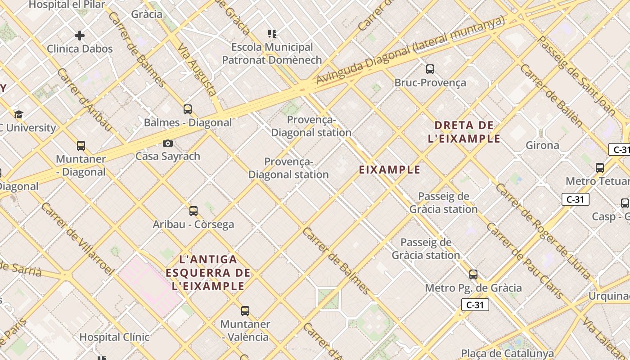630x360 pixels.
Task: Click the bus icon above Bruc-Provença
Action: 430,69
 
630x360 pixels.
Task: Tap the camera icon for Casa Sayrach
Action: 168,143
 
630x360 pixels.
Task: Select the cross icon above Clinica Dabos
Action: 80,36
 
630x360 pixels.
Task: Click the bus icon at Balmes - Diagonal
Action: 188,109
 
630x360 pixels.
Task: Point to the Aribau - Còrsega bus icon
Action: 193,211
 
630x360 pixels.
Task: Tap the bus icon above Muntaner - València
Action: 245,310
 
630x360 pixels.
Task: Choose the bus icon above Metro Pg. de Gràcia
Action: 473,274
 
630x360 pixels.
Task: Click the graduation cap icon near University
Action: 18,114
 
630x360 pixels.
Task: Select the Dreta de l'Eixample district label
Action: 464,132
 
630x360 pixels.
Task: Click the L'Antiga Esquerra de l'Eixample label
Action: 208,273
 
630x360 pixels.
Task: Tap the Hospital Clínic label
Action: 114,337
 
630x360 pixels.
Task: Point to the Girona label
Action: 542,145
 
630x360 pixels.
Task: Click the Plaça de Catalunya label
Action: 507,354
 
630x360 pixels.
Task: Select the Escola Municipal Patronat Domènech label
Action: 272,54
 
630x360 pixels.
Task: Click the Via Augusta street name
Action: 198,69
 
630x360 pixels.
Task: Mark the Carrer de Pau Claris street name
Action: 525,261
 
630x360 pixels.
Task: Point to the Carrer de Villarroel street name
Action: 77,238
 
